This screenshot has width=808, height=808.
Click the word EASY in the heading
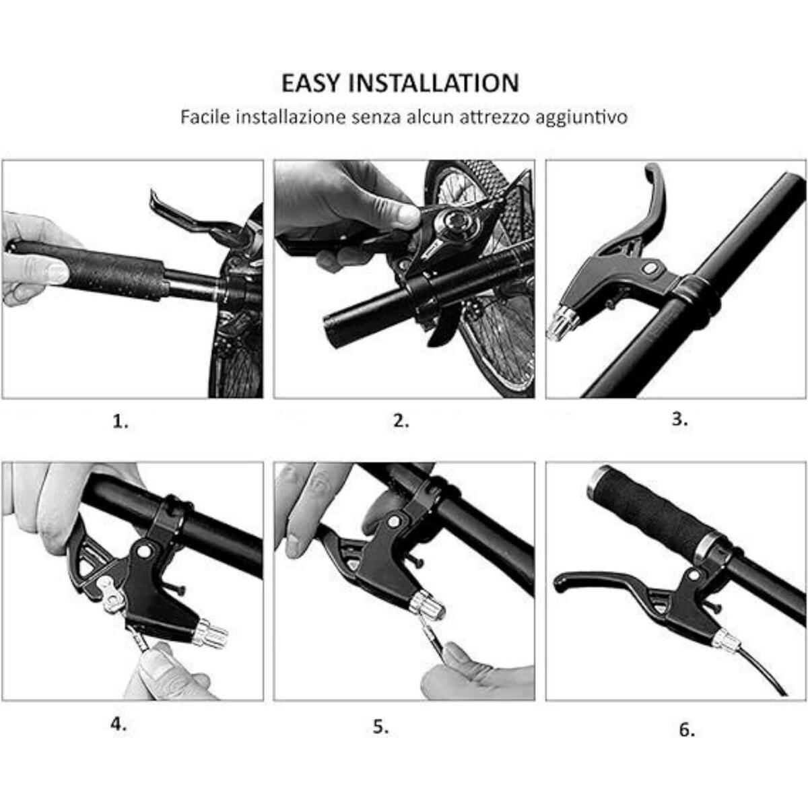pyautogui.click(x=311, y=83)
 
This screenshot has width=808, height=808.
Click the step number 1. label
pyautogui.click(x=120, y=422)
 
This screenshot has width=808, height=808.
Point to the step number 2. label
pyautogui.click(x=401, y=422)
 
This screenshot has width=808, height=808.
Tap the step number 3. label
pyautogui.click(x=680, y=419)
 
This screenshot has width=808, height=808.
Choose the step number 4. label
pyautogui.click(x=119, y=725)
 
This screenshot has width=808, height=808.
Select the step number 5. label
pyautogui.click(x=381, y=727)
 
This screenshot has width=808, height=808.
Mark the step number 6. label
pyautogui.click(x=686, y=730)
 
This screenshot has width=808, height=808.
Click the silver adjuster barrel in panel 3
pyautogui.click(x=561, y=323)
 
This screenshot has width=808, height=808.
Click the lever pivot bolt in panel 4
pyautogui.click(x=143, y=551)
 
